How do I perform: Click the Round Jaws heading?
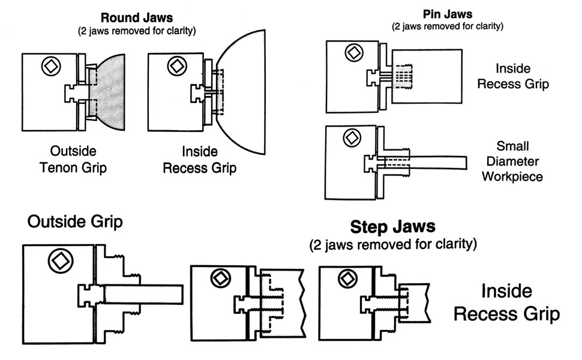coord(137,17)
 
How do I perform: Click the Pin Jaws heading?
coord(448,14)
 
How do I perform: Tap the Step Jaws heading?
coord(393,227)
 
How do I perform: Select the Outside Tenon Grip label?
coord(73,159)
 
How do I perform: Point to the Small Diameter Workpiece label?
coord(512,161)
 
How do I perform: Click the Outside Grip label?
coord(75,221)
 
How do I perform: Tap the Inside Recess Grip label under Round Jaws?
coord(200,160)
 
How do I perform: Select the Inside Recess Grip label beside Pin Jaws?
coord(513,76)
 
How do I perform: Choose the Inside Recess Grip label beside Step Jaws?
coord(506,302)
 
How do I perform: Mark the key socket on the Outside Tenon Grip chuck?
coord(51,67)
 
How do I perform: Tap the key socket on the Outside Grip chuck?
coord(61,261)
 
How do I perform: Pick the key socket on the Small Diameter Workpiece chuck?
coord(352,138)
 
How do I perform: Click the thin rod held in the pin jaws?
coord(438,163)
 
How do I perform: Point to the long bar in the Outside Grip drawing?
coord(143,295)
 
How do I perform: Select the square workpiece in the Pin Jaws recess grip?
coord(427,76)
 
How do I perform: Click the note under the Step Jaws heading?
coord(393,245)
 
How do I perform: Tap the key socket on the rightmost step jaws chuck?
coord(348,278)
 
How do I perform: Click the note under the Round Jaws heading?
coord(137,31)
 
